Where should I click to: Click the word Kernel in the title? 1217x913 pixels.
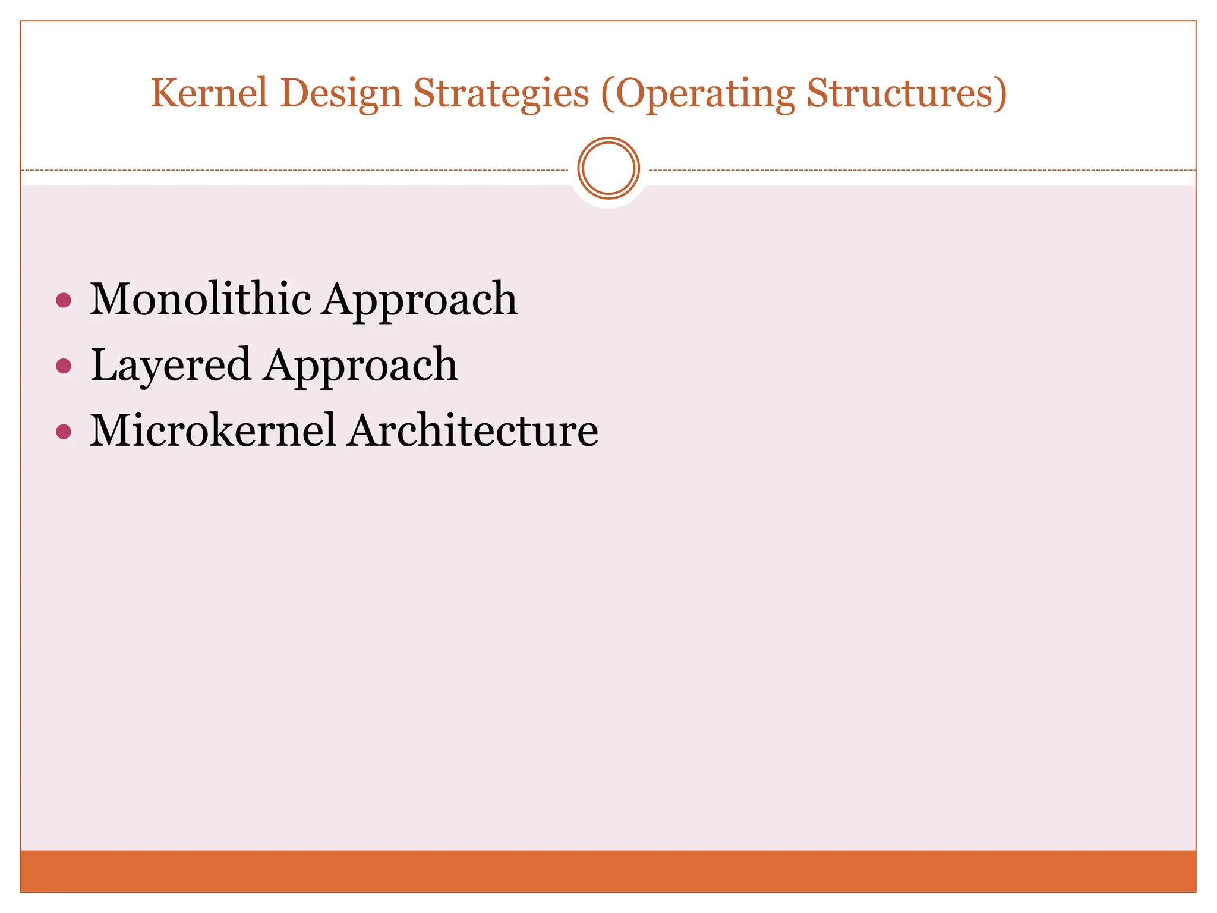(x=209, y=93)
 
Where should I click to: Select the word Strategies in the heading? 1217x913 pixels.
(x=501, y=95)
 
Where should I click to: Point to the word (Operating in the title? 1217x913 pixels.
(x=698, y=95)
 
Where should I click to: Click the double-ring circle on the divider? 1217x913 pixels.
(x=608, y=168)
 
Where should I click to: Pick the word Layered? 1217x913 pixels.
(x=170, y=366)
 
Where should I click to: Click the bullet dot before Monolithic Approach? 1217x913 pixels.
(x=64, y=300)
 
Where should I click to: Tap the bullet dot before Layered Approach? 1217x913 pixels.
(x=64, y=366)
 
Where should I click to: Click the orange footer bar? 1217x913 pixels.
(x=608, y=870)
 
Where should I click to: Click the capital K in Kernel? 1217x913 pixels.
(x=164, y=93)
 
